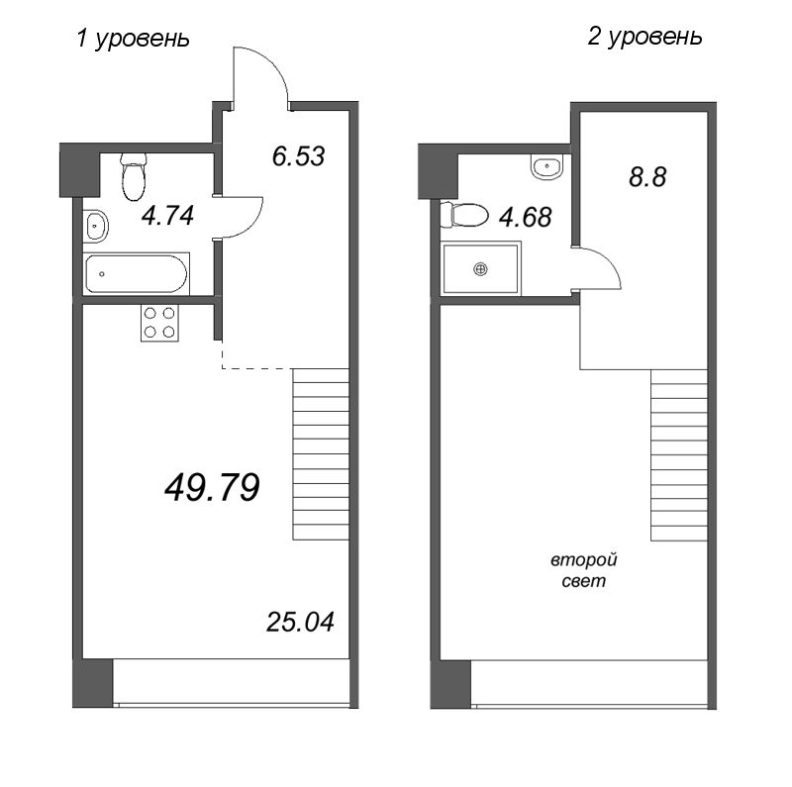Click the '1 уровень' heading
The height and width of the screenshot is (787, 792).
point(132,39)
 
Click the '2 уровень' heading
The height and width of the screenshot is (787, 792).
point(644,37)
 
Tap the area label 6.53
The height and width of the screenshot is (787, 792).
point(297,156)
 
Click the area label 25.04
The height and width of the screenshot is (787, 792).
point(300,622)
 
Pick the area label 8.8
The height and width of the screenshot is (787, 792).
point(648,178)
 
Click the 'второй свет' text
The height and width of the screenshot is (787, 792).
point(578,571)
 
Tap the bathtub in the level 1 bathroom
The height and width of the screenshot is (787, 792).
point(137,272)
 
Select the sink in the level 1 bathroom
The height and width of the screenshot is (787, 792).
point(96,227)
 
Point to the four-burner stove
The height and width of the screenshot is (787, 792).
point(159,322)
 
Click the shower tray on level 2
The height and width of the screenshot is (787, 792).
point(481,267)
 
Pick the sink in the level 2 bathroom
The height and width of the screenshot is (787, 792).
point(545,167)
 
